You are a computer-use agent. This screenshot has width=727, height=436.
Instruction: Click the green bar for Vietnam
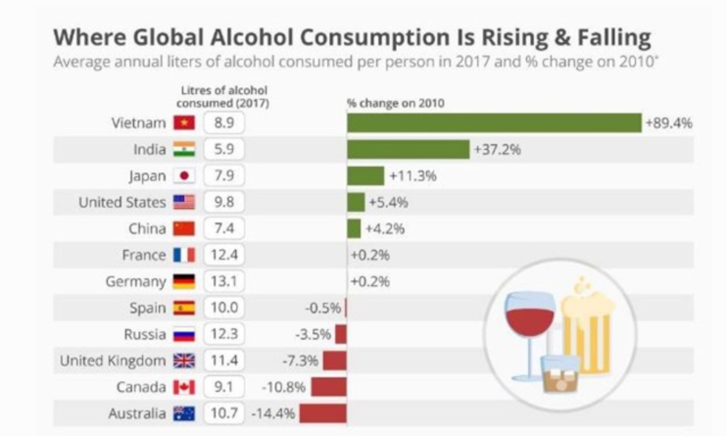(x=494, y=122)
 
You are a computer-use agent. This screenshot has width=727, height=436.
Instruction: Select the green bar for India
(x=408, y=149)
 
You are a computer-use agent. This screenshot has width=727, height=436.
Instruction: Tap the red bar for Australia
(x=323, y=413)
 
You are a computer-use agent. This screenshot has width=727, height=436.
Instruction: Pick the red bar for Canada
(x=328, y=387)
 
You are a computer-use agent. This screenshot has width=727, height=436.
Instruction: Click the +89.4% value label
(x=668, y=123)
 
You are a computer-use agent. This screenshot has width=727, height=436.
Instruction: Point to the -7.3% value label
(x=300, y=361)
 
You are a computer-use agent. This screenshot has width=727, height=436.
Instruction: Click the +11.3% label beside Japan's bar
(x=413, y=176)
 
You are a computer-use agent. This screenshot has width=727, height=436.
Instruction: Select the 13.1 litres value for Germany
(x=224, y=282)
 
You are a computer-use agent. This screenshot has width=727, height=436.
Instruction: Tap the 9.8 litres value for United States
(x=224, y=202)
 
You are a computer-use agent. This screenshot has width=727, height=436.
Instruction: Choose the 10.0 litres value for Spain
(x=224, y=308)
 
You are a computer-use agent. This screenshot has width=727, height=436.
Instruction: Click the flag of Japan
(x=184, y=176)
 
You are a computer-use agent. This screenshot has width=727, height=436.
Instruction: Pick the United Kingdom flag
(x=184, y=361)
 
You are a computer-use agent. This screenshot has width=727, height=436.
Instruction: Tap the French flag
(x=184, y=255)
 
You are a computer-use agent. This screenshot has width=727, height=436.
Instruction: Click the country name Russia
(x=145, y=334)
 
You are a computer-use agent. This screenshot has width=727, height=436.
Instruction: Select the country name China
(x=147, y=228)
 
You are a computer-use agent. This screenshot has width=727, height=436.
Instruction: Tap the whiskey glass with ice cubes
(x=560, y=374)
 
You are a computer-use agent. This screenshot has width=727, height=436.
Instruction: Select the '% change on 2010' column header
(x=395, y=103)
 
